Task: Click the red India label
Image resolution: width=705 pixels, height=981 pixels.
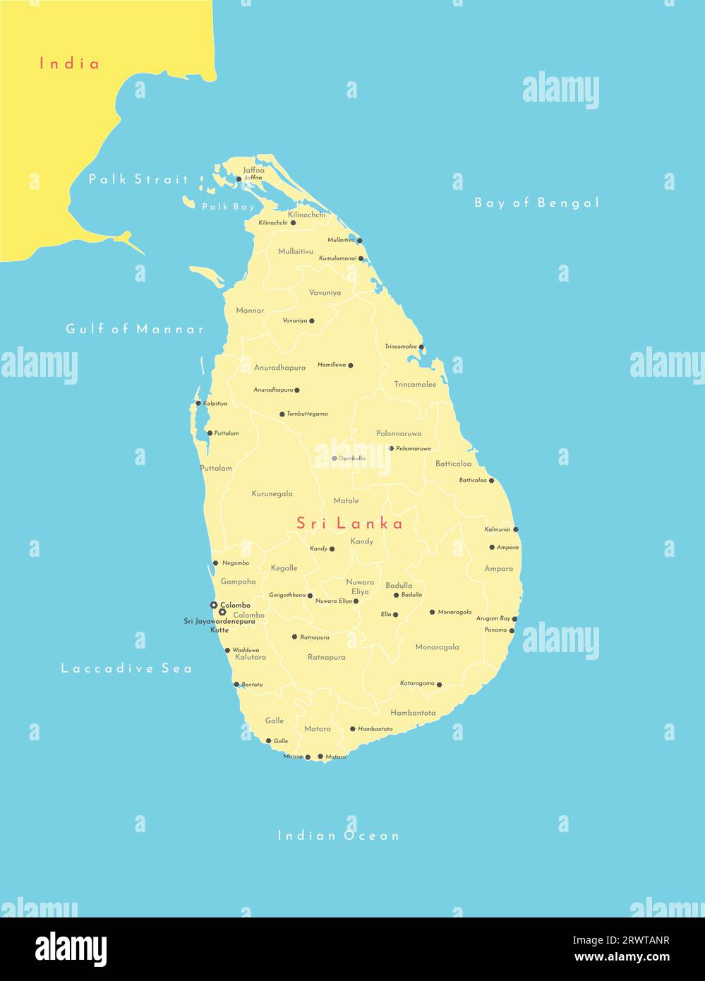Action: pos(69,64)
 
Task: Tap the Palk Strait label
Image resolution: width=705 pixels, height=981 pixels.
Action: pos(138,179)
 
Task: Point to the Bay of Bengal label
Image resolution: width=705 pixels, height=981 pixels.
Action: pos(536,203)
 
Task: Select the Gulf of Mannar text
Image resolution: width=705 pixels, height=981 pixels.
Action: pos(135,329)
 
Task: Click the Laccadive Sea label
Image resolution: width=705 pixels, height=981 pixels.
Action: pos(126,668)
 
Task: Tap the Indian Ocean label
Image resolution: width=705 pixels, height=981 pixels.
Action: pos(339,836)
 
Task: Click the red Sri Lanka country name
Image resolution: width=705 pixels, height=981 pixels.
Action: pos(349,523)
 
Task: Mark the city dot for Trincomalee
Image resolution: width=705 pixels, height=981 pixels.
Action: pos(421,347)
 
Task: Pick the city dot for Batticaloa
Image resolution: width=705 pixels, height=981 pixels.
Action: pos(492,481)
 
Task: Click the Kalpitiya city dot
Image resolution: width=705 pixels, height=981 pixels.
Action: pos(198,403)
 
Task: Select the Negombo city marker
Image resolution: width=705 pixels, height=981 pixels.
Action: pos(215,562)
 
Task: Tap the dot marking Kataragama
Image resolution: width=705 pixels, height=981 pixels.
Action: pos(439,684)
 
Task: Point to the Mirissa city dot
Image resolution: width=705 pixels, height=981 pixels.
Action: pos(308,757)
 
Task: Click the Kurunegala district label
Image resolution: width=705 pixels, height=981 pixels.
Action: pos(272,494)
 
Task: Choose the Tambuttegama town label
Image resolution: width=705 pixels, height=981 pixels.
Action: pos(307,414)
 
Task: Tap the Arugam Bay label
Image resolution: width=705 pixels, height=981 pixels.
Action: pos(493,618)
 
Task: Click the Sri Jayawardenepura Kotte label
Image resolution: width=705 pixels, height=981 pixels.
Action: pos(219,625)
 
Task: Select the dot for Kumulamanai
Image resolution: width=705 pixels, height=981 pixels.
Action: pos(361,258)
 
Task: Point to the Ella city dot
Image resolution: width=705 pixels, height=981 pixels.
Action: pos(395,615)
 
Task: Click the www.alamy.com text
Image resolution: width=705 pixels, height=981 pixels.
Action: pos(622,958)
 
